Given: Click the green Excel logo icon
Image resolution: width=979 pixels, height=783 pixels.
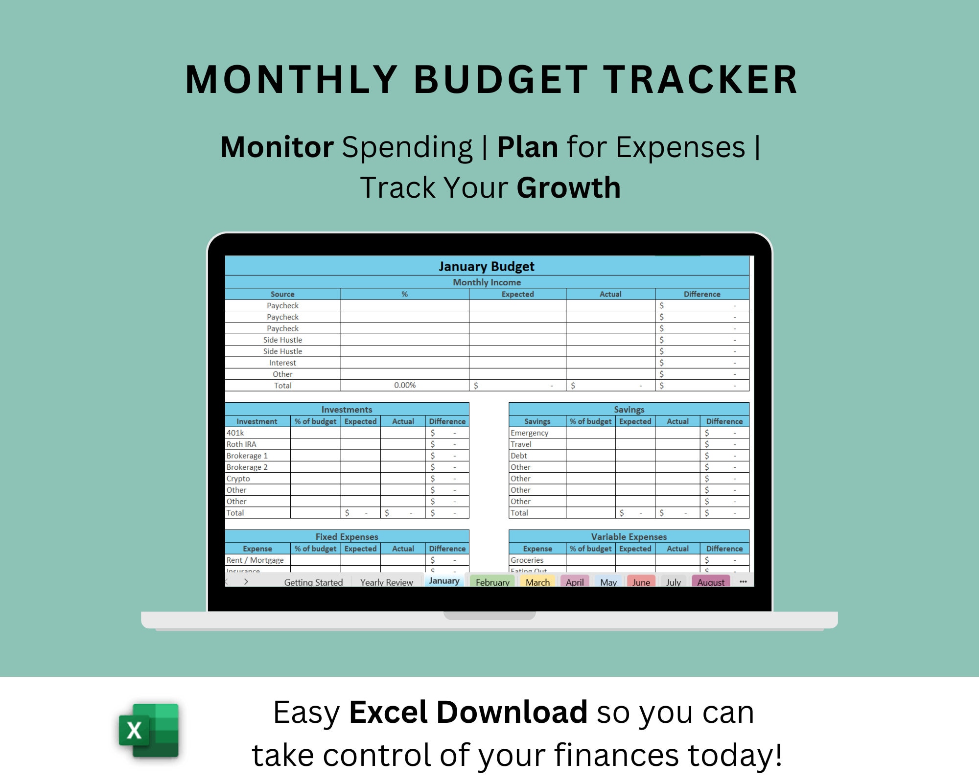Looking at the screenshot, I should point(149,730).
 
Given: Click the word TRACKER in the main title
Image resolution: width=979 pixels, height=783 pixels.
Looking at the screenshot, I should point(700,80).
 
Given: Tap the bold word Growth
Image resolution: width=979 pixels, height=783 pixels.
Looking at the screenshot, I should point(568,187).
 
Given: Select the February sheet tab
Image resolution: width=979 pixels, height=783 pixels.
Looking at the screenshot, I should point(492,582).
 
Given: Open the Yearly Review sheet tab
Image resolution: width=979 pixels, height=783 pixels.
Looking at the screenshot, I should point(386,582).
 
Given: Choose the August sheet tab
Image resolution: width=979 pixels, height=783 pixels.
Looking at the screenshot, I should point(711,582).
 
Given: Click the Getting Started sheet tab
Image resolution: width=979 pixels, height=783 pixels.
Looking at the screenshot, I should point(313,582).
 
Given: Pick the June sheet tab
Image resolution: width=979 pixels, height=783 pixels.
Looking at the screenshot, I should point(641,582).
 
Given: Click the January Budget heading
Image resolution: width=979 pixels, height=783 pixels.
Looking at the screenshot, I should point(487,266).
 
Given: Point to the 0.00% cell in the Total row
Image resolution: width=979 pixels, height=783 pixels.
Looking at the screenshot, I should point(405,385).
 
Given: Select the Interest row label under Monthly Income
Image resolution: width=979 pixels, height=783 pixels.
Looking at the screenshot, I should point(282,363).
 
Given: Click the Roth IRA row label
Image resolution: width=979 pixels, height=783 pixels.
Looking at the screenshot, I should point(241,444).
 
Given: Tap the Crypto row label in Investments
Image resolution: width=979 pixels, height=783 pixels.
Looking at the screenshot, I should point(238,478).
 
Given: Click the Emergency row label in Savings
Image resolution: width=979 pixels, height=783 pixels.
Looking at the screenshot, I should point(529,433).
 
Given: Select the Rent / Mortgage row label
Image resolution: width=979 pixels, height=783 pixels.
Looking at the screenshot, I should point(255,560).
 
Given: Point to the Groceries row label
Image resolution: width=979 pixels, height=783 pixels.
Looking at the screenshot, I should point(527,560).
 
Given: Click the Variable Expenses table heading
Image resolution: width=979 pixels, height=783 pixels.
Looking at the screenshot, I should point(629,536).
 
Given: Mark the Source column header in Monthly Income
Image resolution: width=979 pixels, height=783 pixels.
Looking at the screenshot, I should point(282,294).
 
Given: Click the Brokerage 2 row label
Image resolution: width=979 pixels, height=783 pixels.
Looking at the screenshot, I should point(247,467).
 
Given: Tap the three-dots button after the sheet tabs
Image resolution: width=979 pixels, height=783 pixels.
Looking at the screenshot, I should point(743,581).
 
